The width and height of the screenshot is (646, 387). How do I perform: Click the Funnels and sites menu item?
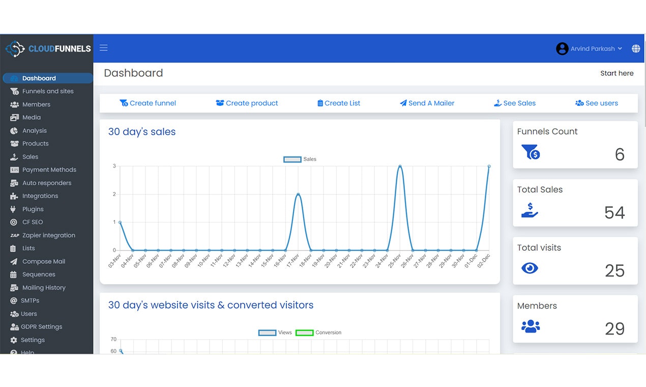(x=48, y=91)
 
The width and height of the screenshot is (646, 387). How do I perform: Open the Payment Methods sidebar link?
(x=49, y=170)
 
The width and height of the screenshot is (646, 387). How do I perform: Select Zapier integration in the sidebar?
(x=48, y=235)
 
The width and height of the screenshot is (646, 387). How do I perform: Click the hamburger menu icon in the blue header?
(x=104, y=48)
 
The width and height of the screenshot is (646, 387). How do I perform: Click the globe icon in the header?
(x=636, y=49)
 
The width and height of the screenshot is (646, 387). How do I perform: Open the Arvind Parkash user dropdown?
(x=590, y=49)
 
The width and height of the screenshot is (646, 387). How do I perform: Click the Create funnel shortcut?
(x=148, y=103)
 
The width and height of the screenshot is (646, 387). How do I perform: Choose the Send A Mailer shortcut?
(x=427, y=103)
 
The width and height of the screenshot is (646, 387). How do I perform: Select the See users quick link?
(x=597, y=103)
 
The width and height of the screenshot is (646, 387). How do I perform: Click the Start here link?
(x=616, y=73)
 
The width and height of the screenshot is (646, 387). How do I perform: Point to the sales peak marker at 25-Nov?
(x=400, y=167)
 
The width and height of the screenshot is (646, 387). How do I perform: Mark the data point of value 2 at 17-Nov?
(x=298, y=195)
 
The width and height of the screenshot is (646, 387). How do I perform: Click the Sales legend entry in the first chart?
(x=300, y=159)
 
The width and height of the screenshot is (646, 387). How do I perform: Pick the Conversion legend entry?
(x=319, y=333)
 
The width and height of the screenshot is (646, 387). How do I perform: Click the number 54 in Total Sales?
(x=614, y=212)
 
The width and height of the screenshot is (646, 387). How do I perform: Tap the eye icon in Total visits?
(x=530, y=268)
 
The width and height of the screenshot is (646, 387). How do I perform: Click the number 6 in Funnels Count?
(x=619, y=154)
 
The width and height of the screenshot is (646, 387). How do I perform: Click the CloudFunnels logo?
(x=48, y=49)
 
